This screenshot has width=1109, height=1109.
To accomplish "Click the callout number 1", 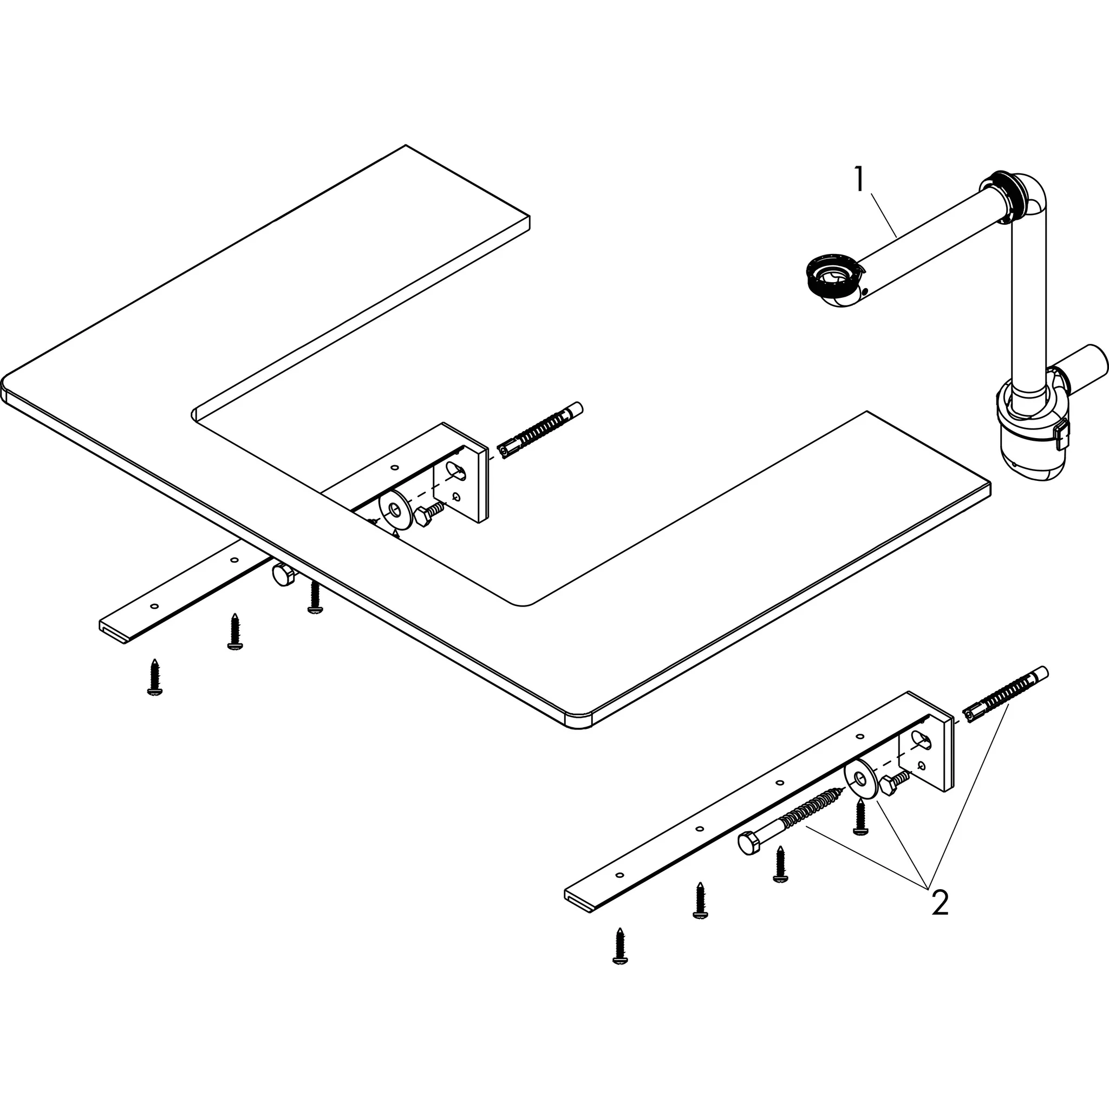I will coord(859,179).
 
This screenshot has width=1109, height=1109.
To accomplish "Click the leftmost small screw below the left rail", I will coord(154,677).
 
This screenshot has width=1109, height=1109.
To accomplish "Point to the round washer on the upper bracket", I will coord(394,508).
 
